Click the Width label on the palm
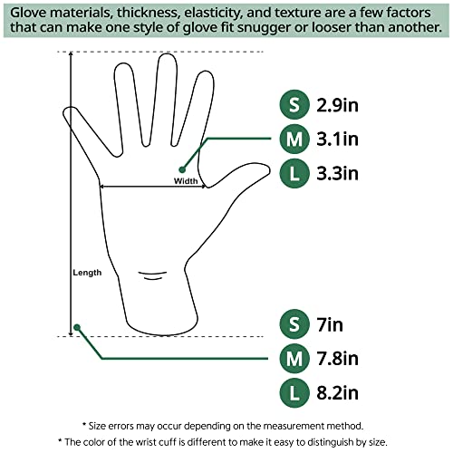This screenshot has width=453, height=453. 186,180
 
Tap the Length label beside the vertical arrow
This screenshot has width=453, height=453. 88,272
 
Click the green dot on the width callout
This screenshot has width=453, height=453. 182,169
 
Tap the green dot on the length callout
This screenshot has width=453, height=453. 78,327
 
